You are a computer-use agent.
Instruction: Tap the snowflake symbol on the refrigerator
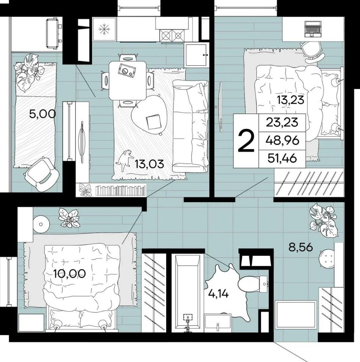[104, 30]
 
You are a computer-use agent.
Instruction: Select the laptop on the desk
[312, 29]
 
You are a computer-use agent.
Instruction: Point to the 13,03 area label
[150, 164]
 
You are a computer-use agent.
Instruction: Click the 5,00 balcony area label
[42, 114]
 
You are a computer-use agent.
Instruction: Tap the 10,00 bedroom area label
[70, 274]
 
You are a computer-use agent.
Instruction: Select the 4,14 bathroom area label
[218, 294]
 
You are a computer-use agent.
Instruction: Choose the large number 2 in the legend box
[246, 141]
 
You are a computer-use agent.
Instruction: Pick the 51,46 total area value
[282, 158]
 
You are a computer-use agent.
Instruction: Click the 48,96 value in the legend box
[282, 140]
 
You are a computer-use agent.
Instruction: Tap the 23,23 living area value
[282, 122]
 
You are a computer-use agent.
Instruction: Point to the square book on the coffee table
[153, 122]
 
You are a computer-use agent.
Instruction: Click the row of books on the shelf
[121, 190]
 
